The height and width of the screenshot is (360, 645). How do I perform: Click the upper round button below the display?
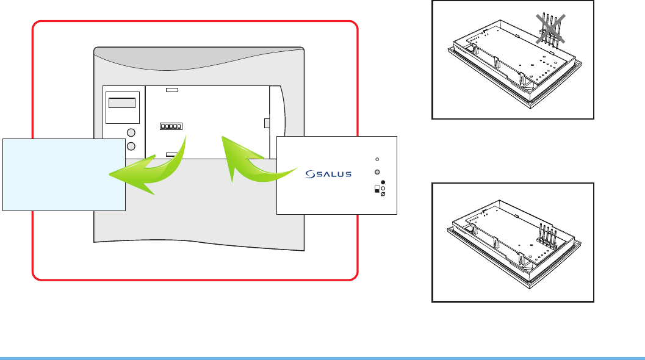click(x=131, y=134)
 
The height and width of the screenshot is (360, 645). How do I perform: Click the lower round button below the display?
click(x=131, y=146)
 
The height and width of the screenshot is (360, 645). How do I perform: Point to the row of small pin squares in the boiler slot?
click(x=171, y=127)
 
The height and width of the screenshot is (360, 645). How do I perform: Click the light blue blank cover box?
click(x=64, y=175)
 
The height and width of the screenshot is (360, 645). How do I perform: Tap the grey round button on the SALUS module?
click(x=378, y=173)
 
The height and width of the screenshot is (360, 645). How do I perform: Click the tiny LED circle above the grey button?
click(x=378, y=159)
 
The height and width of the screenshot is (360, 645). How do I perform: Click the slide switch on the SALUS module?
click(x=376, y=189)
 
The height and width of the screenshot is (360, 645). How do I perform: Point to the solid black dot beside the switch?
click(x=383, y=182)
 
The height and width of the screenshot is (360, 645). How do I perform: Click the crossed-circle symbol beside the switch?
click(x=383, y=195)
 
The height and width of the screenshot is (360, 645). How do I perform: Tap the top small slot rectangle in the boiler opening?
click(x=172, y=90)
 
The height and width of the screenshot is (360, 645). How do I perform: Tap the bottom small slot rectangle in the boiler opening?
click(x=172, y=155)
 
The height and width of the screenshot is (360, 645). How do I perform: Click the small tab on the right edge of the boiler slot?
click(x=267, y=123)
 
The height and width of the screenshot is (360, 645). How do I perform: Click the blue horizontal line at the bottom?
click(x=322, y=358)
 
